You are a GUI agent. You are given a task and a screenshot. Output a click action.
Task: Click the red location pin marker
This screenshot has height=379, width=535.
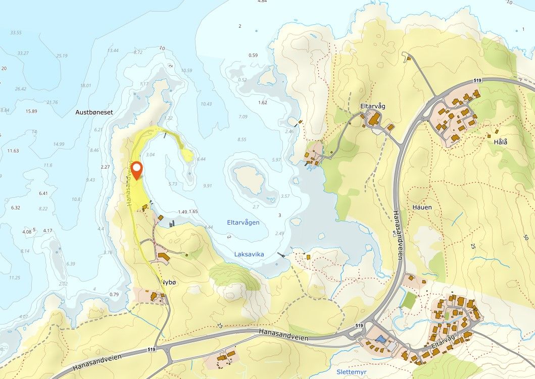click(137, 169)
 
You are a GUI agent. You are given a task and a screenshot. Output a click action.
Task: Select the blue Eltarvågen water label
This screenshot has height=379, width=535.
click(244, 222)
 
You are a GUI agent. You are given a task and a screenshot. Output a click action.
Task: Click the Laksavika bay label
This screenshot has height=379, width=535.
click(249, 254)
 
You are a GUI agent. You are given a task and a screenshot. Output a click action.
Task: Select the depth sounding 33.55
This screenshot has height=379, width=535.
click(16, 33)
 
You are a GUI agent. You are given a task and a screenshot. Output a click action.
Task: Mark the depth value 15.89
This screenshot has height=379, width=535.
click(31, 111)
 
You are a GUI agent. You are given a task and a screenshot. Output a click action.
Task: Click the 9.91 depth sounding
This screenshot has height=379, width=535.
click(207, 186)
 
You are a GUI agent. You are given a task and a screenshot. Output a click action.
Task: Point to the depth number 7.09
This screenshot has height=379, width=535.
click(243, 117)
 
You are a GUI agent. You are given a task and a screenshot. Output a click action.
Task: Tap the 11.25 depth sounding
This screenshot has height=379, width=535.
click(14, 278)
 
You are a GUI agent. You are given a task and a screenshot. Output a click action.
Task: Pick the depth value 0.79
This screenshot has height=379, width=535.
click(114, 294)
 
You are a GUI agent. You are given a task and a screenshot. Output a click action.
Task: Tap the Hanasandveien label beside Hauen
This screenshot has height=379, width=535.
click(399, 235)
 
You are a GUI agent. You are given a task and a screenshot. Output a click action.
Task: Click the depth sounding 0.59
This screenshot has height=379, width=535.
click(253, 55)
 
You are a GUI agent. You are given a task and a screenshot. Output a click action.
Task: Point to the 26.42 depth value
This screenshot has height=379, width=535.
click(20, 89)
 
